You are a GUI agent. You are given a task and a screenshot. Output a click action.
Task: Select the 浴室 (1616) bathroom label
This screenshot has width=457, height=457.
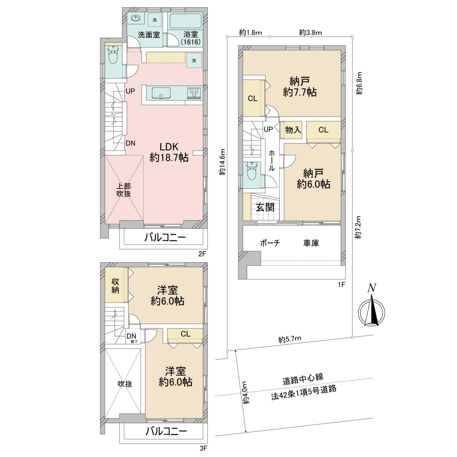pyautogui.click(x=191, y=38)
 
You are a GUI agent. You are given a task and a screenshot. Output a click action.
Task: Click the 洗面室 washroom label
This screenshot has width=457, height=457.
pyautogui.click(x=149, y=35)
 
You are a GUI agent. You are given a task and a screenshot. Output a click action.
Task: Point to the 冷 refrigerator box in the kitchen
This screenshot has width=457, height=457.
pyautogui.click(x=194, y=60)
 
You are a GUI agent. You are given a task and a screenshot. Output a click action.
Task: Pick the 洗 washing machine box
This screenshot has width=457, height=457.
pyautogui.click(x=155, y=20)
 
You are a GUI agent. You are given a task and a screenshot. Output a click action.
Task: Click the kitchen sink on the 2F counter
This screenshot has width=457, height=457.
pyautogui.click(x=161, y=92)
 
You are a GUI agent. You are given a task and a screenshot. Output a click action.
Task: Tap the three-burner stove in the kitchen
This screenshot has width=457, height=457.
pyautogui.click(x=194, y=93)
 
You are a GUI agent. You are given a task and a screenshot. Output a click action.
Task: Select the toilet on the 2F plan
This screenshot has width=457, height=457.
pyautogui.click(x=112, y=55)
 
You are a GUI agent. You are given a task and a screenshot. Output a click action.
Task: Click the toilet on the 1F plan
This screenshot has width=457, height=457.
pyautogui.click(x=251, y=171)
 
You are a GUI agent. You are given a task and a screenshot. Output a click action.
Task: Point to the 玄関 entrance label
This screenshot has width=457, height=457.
pyautogui.click(x=265, y=207)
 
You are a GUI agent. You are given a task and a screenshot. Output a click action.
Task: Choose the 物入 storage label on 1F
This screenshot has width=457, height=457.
pyautogui.click(x=293, y=130)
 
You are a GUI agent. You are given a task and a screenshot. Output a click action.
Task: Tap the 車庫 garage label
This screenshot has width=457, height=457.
pyautogui.click(x=311, y=243)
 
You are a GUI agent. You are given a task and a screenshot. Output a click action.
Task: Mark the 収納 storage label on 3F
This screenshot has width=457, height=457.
pyautogui.click(x=115, y=286)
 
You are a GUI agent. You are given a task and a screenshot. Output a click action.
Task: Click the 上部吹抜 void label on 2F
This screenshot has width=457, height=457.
pyautogui.click(x=124, y=190)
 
